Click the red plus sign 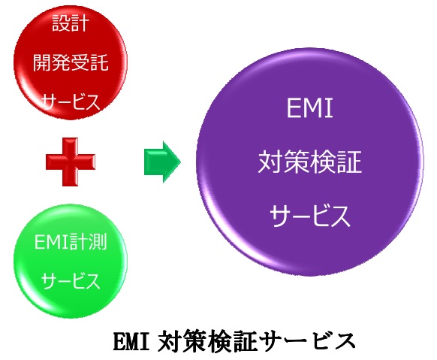(x=71, y=162)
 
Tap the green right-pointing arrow (x=162, y=162)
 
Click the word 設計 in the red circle (x=71, y=23)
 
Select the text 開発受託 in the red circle (x=71, y=62)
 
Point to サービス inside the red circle (x=71, y=102)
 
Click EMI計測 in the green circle (x=71, y=241)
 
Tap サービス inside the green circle (x=71, y=280)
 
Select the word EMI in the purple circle (x=310, y=108)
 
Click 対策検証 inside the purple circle (x=310, y=162)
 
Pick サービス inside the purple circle (x=310, y=216)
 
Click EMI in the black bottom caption (x=131, y=341)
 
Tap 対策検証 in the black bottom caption (x=207, y=340)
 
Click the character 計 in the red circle (x=80, y=23)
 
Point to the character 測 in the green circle (x=98, y=241)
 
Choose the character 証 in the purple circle (x=349, y=162)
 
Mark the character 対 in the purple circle (x=271, y=162)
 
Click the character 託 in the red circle (x=99, y=62)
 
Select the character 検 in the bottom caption (x=219, y=340)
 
